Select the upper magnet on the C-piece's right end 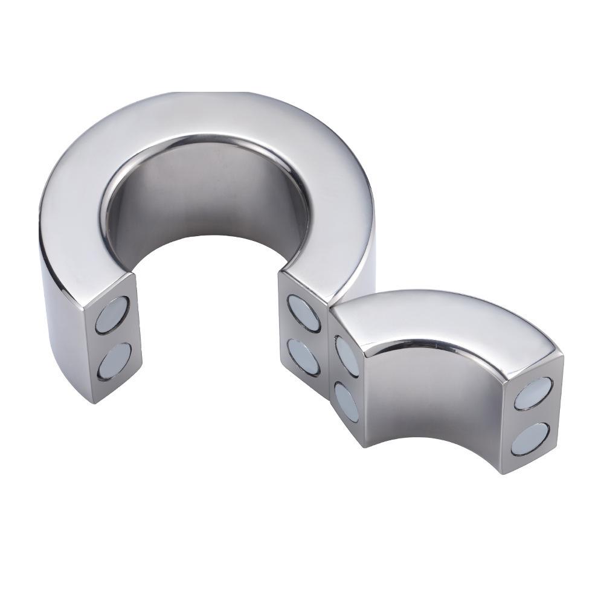(x=303, y=312)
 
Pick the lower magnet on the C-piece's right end (x=304, y=356)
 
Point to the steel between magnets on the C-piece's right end (x=304, y=335)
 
